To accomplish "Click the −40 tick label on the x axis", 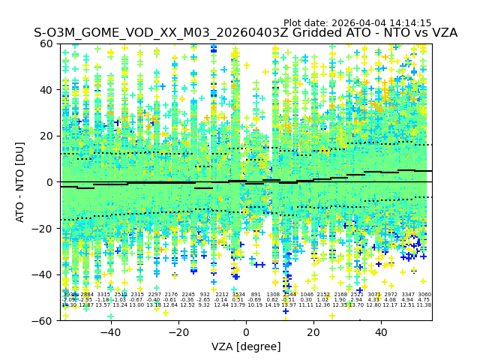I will click(x=110, y=332).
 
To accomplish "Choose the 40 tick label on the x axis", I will click(x=381, y=332).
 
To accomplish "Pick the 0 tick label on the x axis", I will click(x=246, y=332).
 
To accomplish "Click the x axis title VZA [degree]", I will click(x=246, y=346).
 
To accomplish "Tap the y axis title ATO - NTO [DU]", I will click(x=21, y=181).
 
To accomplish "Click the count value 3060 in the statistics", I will click(x=424, y=295).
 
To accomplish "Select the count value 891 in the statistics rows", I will click(x=256, y=295).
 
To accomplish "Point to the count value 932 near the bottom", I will click(x=205, y=295).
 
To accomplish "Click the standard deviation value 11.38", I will click(x=424, y=305).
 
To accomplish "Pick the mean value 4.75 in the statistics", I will click(x=424, y=300).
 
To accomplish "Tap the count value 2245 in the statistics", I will click(x=187, y=295).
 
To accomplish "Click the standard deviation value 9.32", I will click(x=205, y=305).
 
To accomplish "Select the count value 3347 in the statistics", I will click(x=408, y=295).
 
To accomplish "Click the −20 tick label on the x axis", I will click(x=178, y=332).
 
